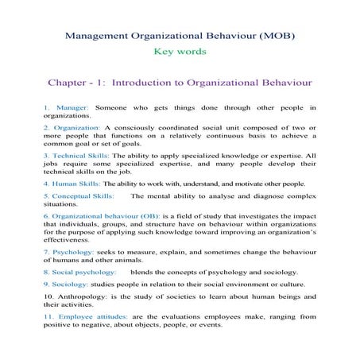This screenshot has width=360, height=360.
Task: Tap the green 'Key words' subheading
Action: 180,52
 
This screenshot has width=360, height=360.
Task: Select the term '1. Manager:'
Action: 67,107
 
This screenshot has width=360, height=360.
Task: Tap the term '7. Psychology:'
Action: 70,252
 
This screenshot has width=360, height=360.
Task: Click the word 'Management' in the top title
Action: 93,36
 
